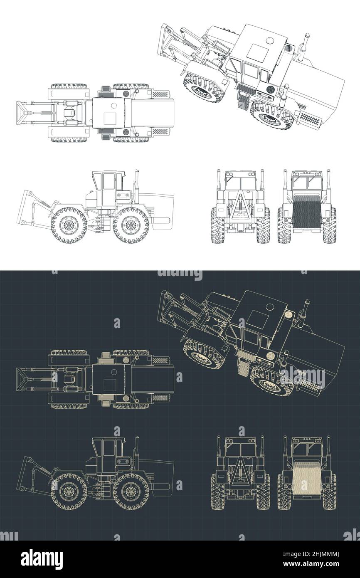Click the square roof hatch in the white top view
110,118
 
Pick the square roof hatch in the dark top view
110,384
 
